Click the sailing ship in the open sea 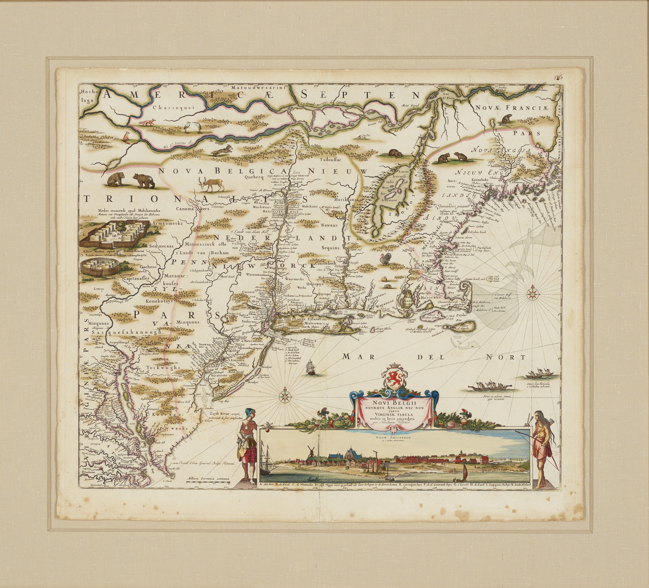[x=311, y=367]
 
